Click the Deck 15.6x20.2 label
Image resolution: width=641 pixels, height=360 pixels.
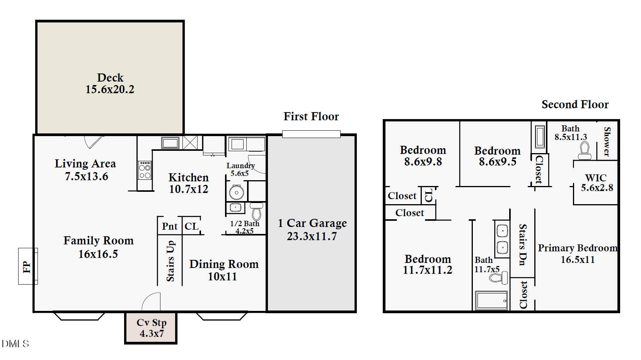pyautogui.click(x=110, y=84)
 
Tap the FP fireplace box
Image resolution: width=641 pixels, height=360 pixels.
pyautogui.click(x=27, y=266)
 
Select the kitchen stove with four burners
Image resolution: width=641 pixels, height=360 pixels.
pyautogui.click(x=145, y=171)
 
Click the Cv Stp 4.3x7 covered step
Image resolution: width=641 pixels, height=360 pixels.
pyautogui.click(x=151, y=328)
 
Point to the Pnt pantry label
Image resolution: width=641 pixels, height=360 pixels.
pyautogui.click(x=170, y=226)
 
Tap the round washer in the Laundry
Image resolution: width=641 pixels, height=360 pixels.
pyautogui.click(x=236, y=192)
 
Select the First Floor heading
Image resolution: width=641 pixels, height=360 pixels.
pyautogui.click(x=311, y=116)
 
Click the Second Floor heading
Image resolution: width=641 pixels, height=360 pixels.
pyautogui.click(x=575, y=104)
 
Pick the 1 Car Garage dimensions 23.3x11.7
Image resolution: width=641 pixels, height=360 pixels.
pyautogui.click(x=312, y=236)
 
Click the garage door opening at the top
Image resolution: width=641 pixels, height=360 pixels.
pyautogui.click(x=311, y=134)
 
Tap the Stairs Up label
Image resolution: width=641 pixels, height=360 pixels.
pyautogui.click(x=170, y=261)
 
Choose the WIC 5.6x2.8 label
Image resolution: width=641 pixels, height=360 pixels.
pyautogui.click(x=597, y=183)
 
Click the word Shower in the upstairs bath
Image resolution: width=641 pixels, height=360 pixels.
pyautogui.click(x=607, y=142)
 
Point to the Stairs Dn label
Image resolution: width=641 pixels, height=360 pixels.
pyautogui.click(x=522, y=244)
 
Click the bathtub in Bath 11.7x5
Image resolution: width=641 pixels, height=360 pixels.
pyautogui.click(x=491, y=300)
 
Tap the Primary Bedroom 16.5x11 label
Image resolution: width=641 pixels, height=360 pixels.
pyautogui.click(x=577, y=254)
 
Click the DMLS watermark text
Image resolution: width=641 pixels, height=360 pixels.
pyautogui.click(x=15, y=343)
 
